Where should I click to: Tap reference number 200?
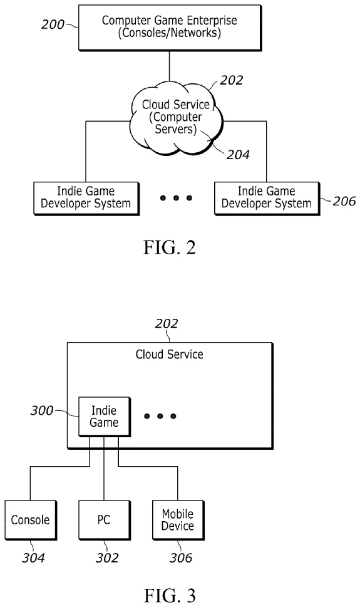53,24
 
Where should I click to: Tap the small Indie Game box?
104,418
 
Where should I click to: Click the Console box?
30,519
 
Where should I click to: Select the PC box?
104,519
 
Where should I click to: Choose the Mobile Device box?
178,519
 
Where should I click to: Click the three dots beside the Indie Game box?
160,416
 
